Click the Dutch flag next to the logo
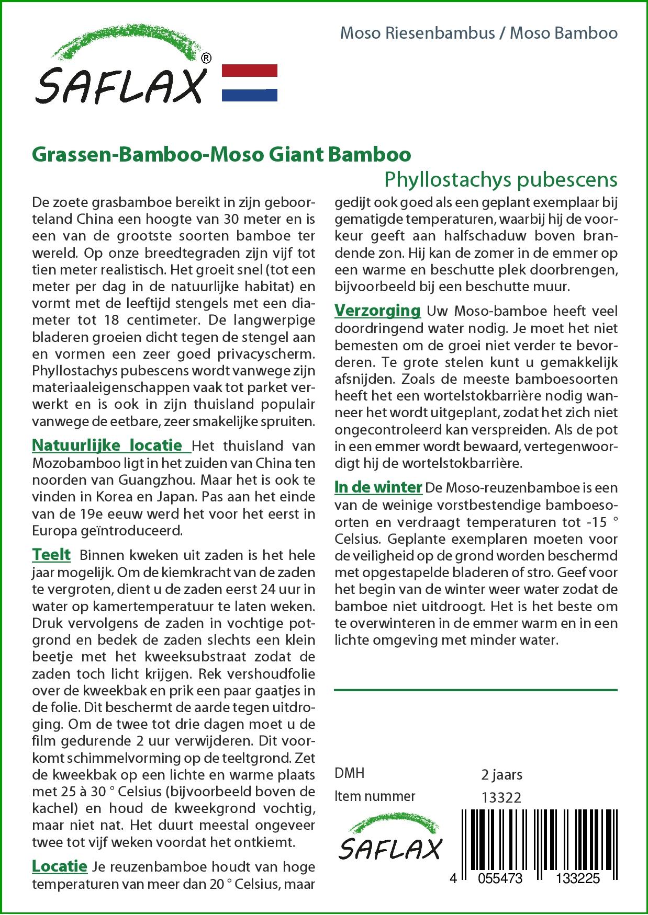tap(250, 83)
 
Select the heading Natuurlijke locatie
tap(111, 445)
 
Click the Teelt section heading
tap(51, 554)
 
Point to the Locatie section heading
tap(60, 866)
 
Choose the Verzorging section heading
tap(377, 310)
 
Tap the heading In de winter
tap(378, 487)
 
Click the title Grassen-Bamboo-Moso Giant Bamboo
tap(221, 155)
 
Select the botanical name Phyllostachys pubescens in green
tap(501, 179)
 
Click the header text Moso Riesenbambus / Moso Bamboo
tap(478, 33)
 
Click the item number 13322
tap(501, 797)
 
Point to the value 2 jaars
tap(501, 774)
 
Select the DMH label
tap(349, 773)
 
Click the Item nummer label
tap(375, 796)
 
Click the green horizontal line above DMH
tap(476, 690)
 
